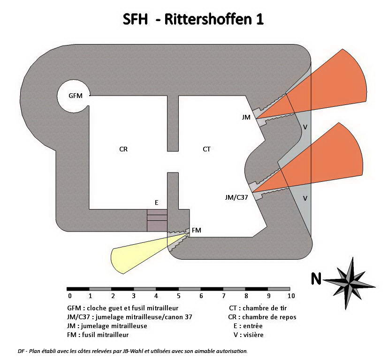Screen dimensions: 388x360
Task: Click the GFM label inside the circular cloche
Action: [x=76, y=96]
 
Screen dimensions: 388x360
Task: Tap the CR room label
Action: [x=123, y=150]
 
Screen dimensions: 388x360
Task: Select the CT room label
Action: [x=206, y=150]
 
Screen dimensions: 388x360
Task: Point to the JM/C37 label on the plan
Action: [x=236, y=197]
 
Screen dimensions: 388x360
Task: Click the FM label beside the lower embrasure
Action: [x=197, y=230]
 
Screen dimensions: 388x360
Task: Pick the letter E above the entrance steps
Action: [x=156, y=203]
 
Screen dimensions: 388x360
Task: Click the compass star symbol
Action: [x=349, y=284]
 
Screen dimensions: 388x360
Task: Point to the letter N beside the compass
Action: [x=316, y=278]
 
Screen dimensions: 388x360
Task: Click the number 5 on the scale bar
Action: [x=179, y=296]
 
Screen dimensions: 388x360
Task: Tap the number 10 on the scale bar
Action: [x=291, y=296]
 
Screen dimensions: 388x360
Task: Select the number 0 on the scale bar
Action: [x=70, y=296]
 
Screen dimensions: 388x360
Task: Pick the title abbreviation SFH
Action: [x=135, y=19]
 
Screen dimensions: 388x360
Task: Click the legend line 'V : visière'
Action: [x=249, y=335]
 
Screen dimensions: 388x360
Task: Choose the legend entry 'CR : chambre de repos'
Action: [x=262, y=317]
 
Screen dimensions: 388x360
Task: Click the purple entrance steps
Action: [x=157, y=221]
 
